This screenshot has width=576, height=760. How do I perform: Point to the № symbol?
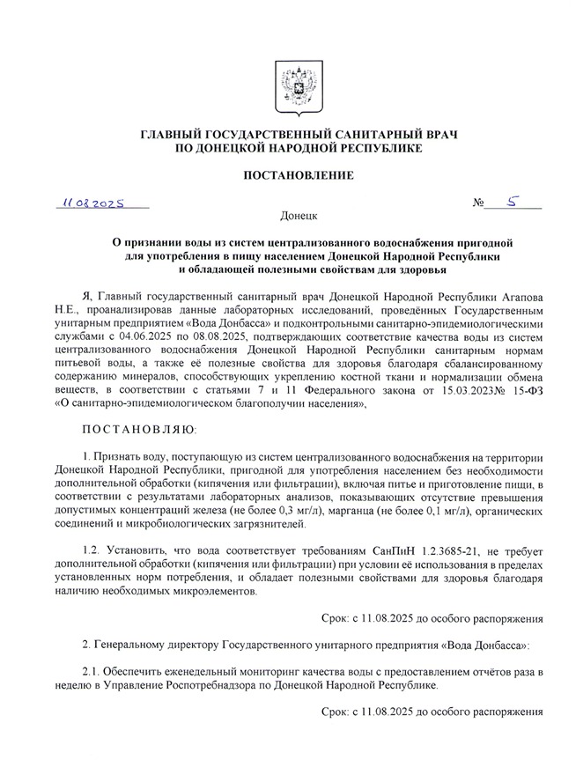tap(479, 204)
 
